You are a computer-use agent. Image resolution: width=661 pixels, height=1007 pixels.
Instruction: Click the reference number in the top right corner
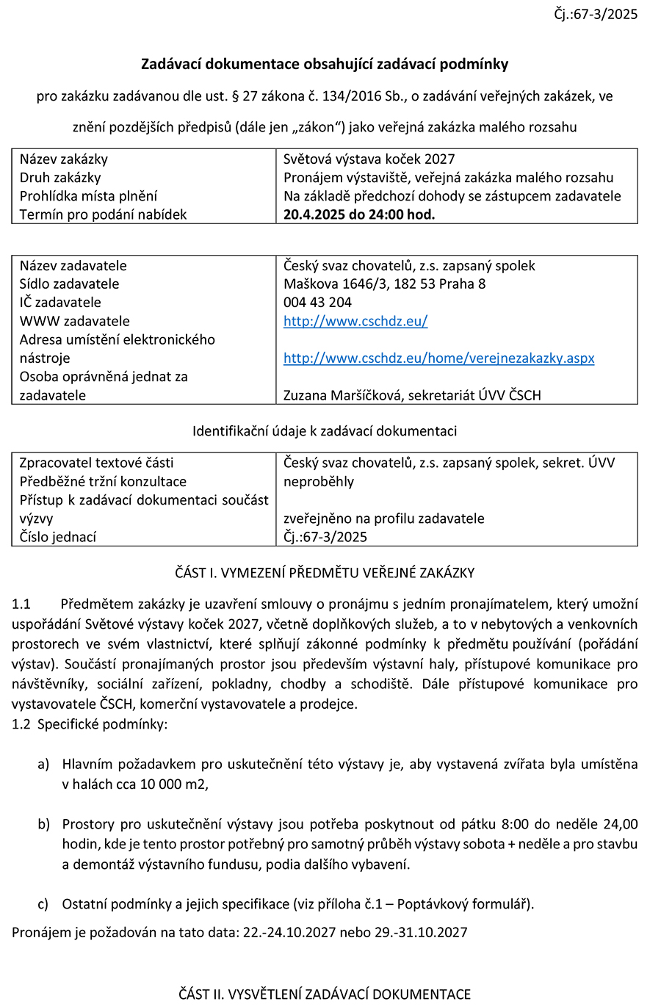pos(596,14)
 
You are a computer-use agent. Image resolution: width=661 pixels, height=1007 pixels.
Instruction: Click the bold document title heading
pos(325,65)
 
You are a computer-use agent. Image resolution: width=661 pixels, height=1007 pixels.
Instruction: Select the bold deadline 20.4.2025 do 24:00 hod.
pos(359,214)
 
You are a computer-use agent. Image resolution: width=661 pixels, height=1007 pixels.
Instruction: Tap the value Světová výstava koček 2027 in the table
pos(369,159)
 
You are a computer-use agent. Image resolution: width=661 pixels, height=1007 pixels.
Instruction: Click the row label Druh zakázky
pos(60,177)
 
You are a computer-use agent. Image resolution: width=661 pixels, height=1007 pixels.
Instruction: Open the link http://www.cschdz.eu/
pos(355,321)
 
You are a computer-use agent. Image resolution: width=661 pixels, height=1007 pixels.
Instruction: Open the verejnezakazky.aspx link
pos(438,358)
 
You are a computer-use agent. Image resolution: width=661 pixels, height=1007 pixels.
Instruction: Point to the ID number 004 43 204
pos(317,302)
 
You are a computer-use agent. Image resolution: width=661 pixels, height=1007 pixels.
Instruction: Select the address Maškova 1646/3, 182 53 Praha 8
pos(384,284)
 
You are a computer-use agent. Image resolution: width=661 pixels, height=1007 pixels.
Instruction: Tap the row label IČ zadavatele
pos(60,302)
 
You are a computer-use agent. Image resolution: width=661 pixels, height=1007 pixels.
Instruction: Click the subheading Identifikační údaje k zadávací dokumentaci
pos(325,431)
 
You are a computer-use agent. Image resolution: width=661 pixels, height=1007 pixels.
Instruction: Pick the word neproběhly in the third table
pos(319,481)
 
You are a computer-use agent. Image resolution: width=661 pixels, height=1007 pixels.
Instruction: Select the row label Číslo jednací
pos(58,537)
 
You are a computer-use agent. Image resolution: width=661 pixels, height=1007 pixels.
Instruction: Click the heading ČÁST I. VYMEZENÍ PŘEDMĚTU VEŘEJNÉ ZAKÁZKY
pos(325,573)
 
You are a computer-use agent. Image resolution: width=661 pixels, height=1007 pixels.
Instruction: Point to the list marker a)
pos(43,764)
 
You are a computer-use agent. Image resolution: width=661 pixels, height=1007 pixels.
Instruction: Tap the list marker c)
pos(43,903)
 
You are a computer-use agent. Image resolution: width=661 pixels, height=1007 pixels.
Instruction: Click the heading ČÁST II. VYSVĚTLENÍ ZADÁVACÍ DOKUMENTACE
pos(325,995)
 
